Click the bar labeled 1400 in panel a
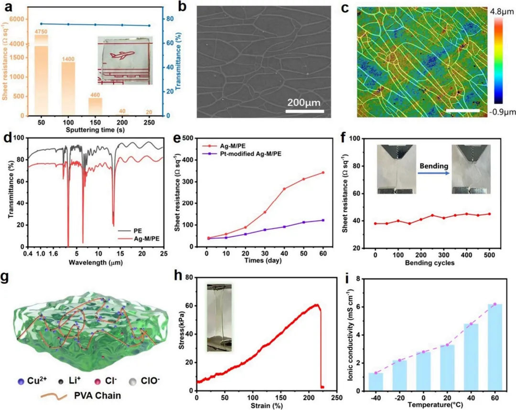(x=68, y=89)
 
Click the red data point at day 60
(x=323, y=172)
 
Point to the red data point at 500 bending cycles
(x=489, y=214)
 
